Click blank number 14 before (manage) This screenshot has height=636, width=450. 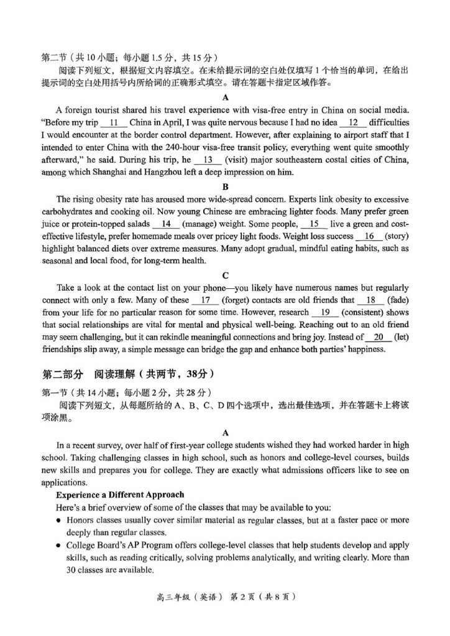click(165, 224)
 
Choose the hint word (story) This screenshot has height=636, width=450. click(397, 236)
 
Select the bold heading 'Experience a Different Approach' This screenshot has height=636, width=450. click(120, 494)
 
